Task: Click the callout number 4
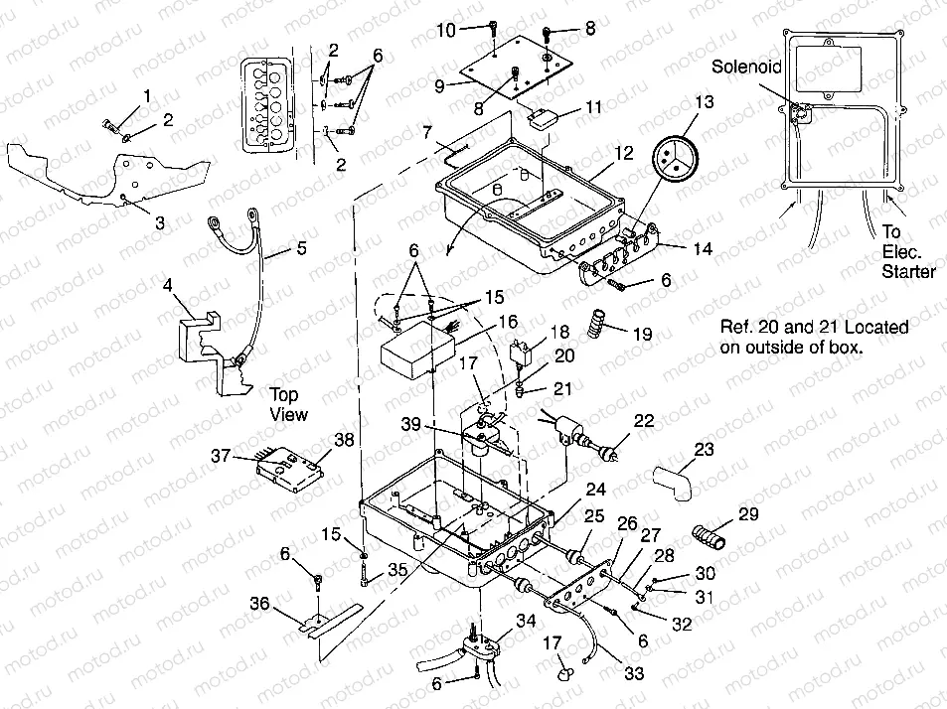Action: [x=169, y=284]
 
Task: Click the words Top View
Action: [x=288, y=404]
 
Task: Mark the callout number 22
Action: [x=643, y=421]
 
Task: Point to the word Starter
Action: [x=908, y=271]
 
